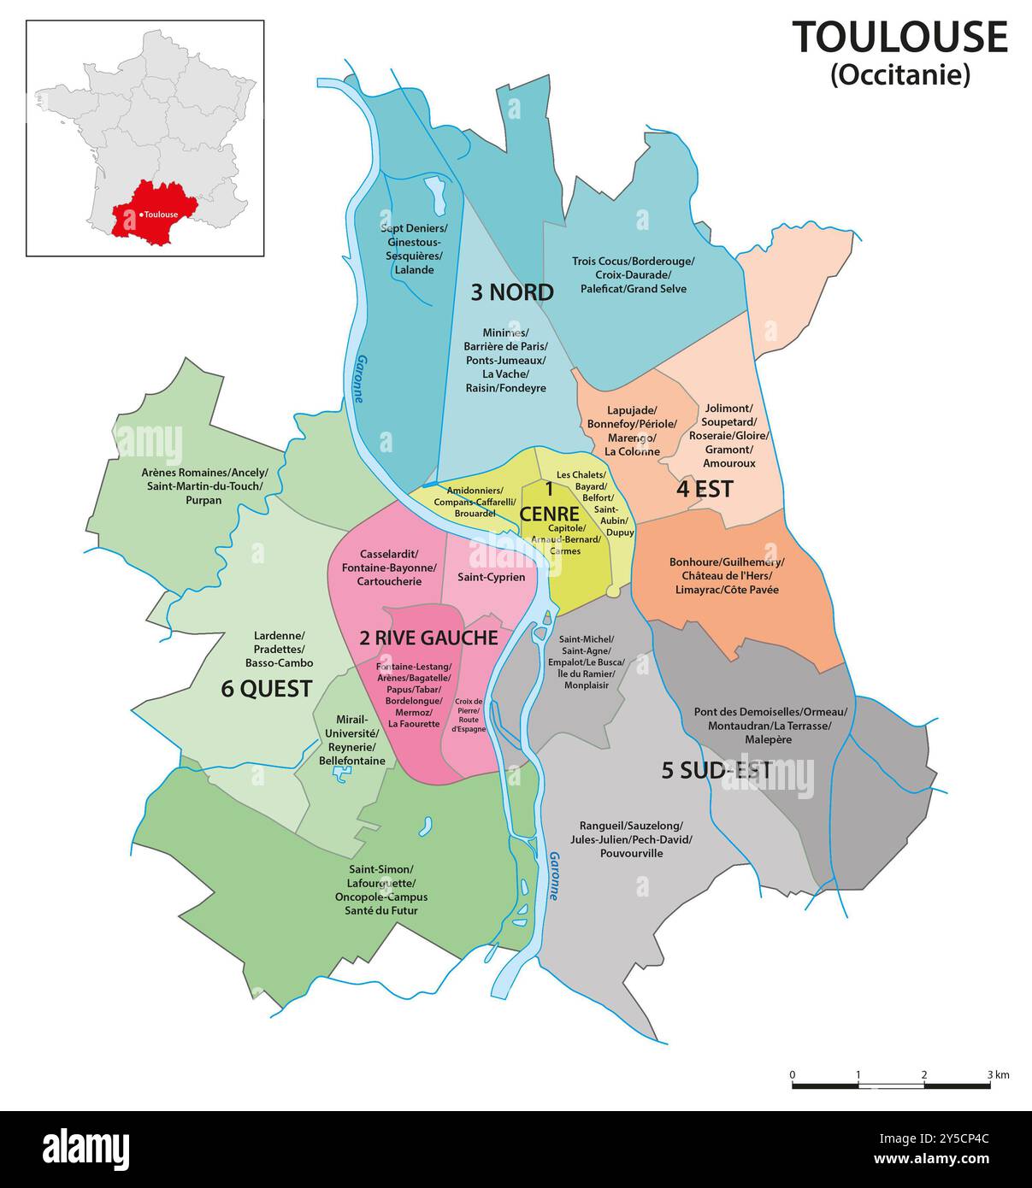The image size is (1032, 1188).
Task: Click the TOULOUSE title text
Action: click(899, 38)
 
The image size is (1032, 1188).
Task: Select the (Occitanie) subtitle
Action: click(900, 75)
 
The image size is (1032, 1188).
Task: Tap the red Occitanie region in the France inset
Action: click(154, 214)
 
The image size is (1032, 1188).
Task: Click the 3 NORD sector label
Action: click(512, 292)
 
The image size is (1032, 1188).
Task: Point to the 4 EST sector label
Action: click(705, 488)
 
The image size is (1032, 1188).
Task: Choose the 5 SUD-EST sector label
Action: click(717, 770)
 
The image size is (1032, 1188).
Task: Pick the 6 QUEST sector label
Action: click(266, 688)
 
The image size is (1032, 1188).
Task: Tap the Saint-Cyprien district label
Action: click(491, 577)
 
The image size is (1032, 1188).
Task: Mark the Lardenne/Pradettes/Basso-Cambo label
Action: click(279, 649)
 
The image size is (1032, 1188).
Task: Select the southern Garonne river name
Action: click(554, 876)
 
